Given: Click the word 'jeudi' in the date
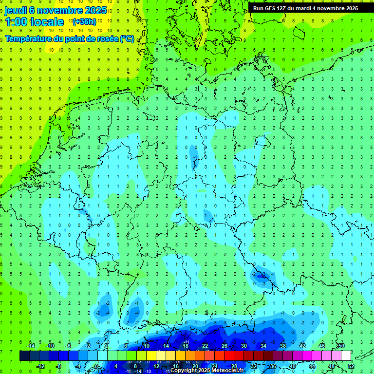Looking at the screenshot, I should pos(16,10).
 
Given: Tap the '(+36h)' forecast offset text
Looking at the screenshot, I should pos(84,22).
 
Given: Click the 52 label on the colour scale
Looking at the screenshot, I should pos(351,366).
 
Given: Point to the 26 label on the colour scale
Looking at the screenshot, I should pos(224,346).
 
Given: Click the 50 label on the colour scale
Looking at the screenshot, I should pos(341,346).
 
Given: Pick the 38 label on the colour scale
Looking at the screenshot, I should pos(283,346).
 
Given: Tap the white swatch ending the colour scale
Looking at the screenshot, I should pos(346,356).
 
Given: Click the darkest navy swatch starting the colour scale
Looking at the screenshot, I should pos(24,356).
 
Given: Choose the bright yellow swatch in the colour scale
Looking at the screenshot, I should pos(151,356).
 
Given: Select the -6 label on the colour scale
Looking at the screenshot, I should pos(69,346).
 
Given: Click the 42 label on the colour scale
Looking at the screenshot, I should pos(302,346).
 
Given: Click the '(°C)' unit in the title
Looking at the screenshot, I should pos(127,38).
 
